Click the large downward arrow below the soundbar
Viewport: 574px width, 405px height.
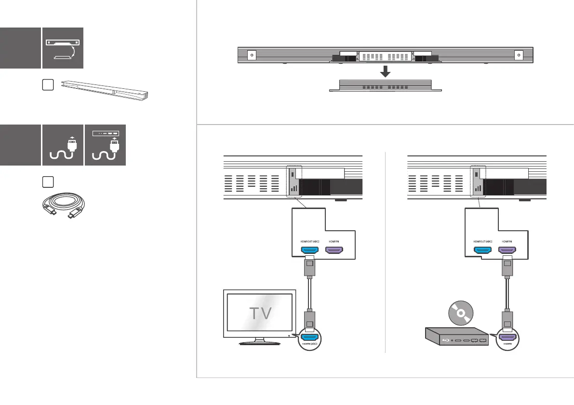[x=385, y=71]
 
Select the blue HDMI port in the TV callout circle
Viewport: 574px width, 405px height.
[x=309, y=338]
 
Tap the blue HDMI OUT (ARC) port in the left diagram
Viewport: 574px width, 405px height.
[x=309, y=251]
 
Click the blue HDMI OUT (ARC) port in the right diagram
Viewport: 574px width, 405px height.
[x=483, y=251]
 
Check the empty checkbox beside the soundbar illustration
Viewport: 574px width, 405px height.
[x=47, y=85]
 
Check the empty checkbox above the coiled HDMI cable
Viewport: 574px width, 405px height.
[x=47, y=182]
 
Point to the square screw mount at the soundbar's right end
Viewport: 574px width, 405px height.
[x=519, y=55]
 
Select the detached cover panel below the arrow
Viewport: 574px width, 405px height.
[x=385, y=85]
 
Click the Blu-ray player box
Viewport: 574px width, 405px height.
[x=455, y=336]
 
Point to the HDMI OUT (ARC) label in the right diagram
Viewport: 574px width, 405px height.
[x=482, y=241]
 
